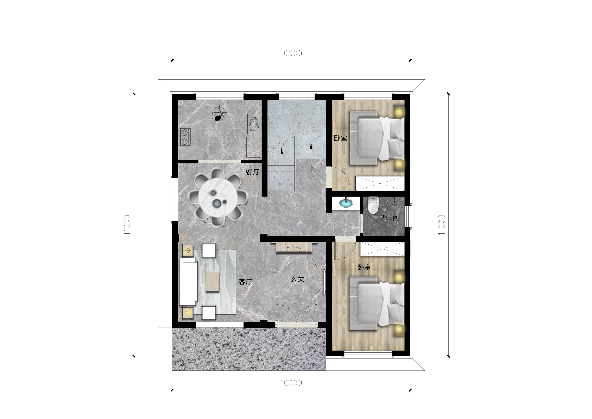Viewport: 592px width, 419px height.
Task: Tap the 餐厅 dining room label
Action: [252, 172]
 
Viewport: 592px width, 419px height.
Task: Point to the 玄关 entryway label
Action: [297, 279]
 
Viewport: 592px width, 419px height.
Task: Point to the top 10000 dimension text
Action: [291, 53]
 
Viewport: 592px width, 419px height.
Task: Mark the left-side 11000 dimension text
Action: [127, 225]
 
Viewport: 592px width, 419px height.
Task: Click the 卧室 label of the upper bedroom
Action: [340, 138]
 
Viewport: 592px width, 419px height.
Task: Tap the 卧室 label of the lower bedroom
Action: [364, 267]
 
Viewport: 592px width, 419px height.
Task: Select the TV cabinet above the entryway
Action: [294, 247]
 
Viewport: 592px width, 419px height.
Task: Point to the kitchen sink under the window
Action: [220, 107]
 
